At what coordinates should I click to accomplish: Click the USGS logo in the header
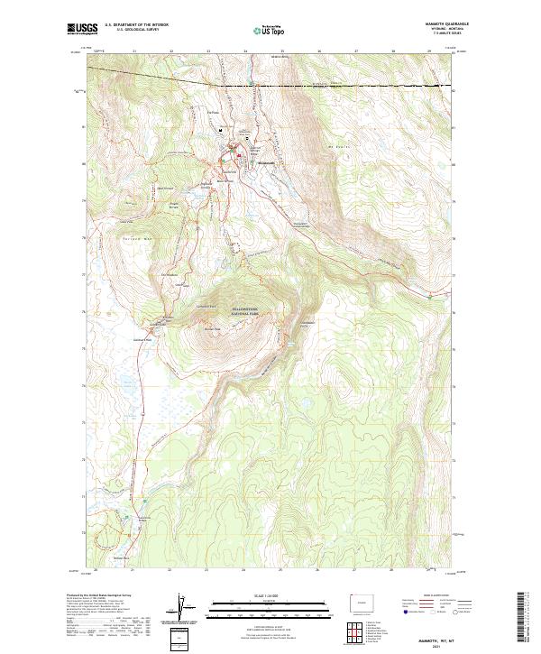click(82, 29)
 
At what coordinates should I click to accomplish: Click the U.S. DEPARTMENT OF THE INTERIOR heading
click(136, 25)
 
